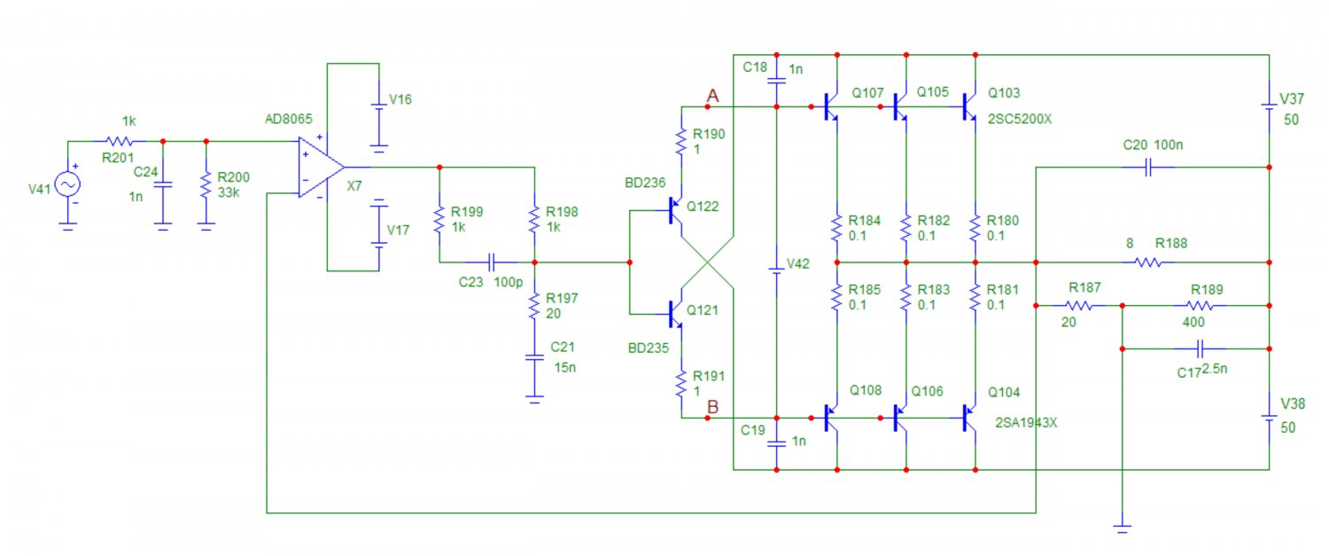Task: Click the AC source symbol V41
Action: pos(67,184)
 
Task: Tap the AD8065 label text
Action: pos(290,120)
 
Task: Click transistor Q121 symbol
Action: pos(675,312)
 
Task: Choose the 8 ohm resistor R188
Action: pos(1149,262)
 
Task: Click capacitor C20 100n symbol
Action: pos(1148,167)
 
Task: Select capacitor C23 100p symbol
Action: pos(491,262)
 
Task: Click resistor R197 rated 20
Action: pos(534,307)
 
